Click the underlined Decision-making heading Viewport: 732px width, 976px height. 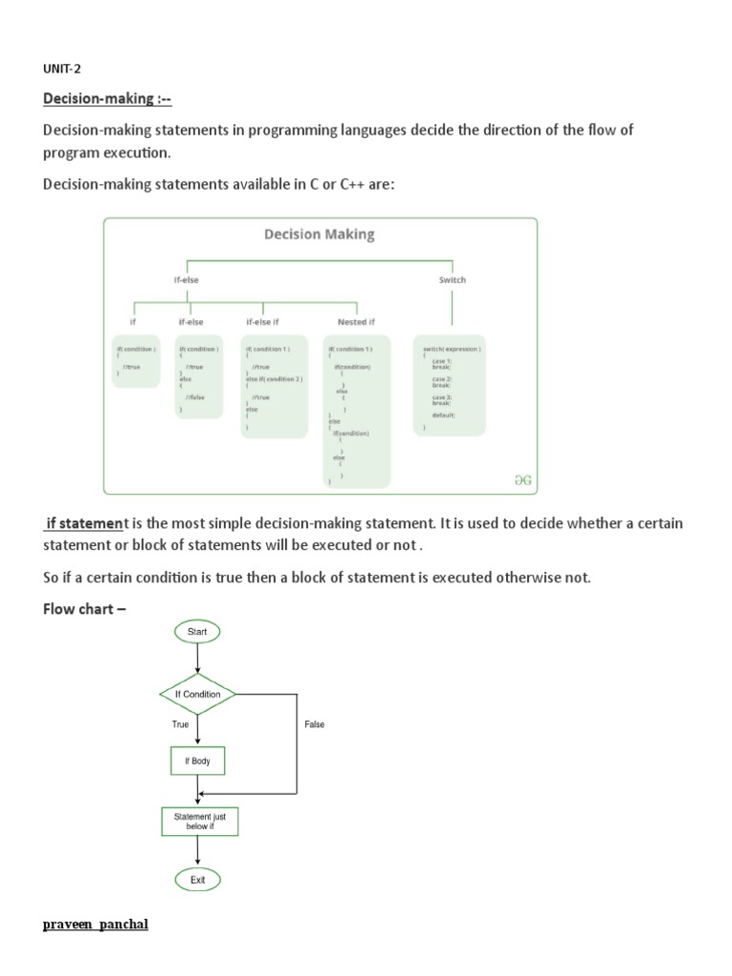point(107,99)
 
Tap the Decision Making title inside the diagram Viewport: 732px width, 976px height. point(319,234)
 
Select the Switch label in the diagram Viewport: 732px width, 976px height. point(452,280)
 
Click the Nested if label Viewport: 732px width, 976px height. point(356,322)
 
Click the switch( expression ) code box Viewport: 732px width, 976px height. point(450,384)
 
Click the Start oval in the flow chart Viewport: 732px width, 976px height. point(197,631)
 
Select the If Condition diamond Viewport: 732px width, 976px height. point(197,694)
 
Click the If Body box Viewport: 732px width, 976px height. point(197,762)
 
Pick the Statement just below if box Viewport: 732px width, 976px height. point(199,821)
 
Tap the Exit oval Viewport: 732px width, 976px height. point(197,880)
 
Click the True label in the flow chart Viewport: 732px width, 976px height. point(180,725)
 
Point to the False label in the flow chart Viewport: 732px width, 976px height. point(315,725)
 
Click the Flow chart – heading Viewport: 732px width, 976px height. point(84,609)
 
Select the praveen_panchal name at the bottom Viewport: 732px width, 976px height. point(95,925)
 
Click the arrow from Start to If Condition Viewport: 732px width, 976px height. point(197,659)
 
